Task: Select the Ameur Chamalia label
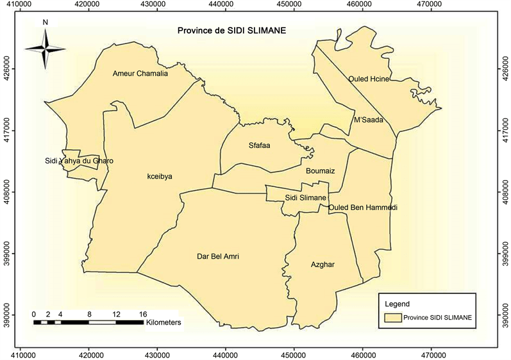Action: [140, 73]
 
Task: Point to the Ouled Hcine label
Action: [369, 79]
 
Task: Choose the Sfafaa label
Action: [259, 145]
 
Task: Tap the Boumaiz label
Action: [321, 170]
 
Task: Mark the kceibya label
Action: [160, 176]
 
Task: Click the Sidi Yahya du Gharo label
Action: [79, 161]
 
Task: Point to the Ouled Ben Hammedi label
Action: [363, 208]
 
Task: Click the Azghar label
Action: [323, 264]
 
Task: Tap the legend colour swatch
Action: [392, 317]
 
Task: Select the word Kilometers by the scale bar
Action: [163, 323]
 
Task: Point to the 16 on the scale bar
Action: [142, 315]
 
